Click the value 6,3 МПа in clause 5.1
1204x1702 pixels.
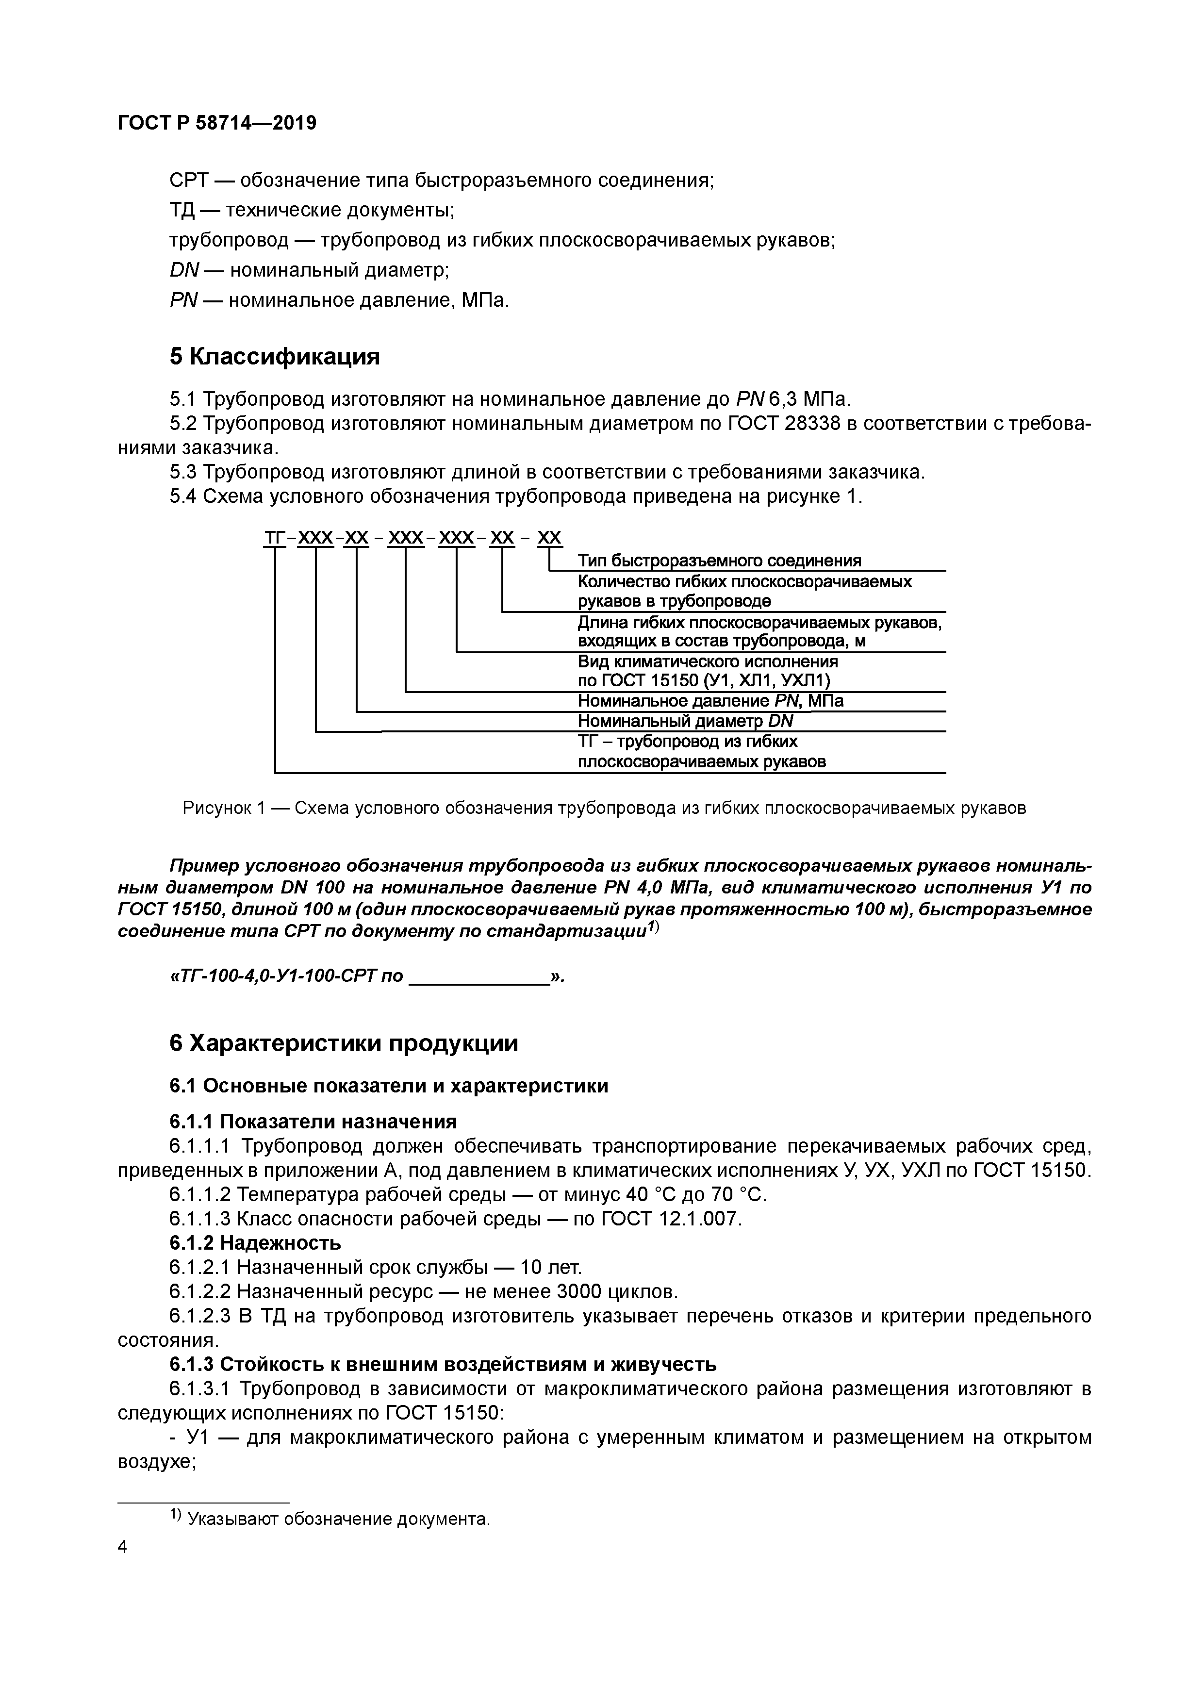[809, 399]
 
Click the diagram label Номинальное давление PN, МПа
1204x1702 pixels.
[709, 700]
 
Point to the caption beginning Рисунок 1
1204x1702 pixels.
[604, 808]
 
